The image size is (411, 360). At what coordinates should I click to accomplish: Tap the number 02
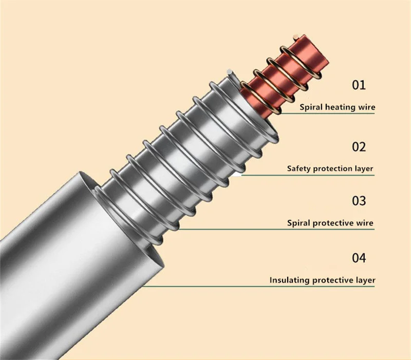pyautogui.click(x=359, y=147)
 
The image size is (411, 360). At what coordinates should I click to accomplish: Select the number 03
pyautogui.click(x=359, y=201)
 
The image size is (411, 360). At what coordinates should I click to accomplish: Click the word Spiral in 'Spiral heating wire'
pyautogui.click(x=312, y=108)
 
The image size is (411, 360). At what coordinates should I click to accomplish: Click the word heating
pyautogui.click(x=343, y=108)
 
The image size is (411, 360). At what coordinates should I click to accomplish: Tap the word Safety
pyautogui.click(x=299, y=168)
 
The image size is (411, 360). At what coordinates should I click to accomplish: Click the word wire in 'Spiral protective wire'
pyautogui.click(x=365, y=223)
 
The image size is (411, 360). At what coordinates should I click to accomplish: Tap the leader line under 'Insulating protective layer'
pyautogui.click(x=257, y=287)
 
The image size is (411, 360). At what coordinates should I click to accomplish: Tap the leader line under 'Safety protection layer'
pyautogui.click(x=308, y=175)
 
